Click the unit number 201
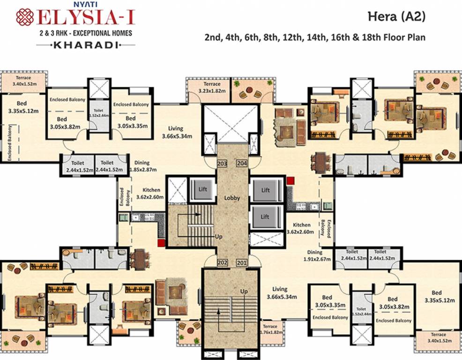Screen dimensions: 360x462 pyautogui.click(x=242, y=262)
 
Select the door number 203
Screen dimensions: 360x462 pyautogui.click(x=222, y=164)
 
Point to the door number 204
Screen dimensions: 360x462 pyautogui.click(x=242, y=164)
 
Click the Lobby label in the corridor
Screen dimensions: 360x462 pyautogui.click(x=232, y=198)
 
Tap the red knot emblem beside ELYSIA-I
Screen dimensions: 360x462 pyautogui.click(x=25, y=17)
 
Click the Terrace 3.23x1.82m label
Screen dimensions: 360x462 pyautogui.click(x=209, y=87)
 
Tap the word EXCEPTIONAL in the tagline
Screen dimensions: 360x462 pyautogui.click(x=89, y=33)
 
